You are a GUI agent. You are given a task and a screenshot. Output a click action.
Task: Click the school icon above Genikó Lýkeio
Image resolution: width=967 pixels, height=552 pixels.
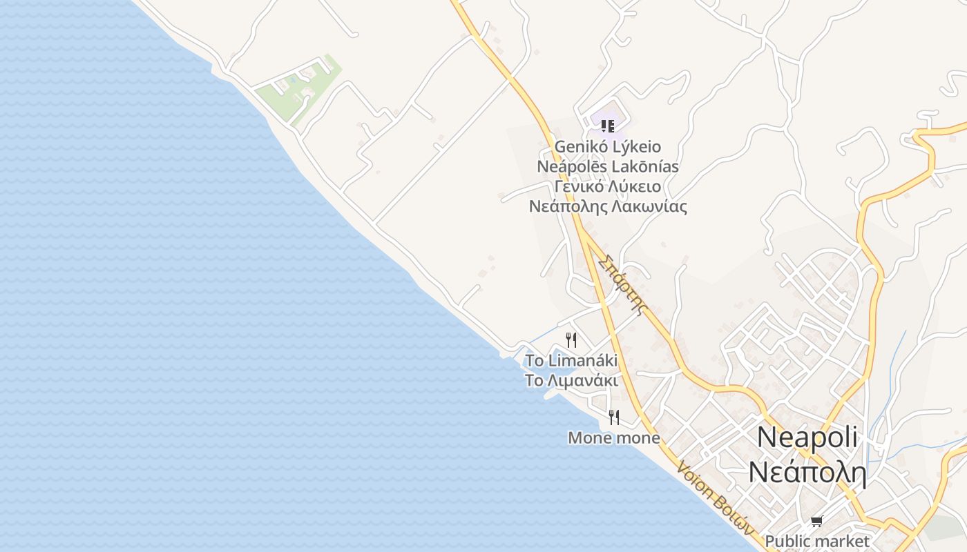point(607,126)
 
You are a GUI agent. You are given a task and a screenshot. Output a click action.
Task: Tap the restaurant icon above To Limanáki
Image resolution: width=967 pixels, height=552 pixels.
point(571,339)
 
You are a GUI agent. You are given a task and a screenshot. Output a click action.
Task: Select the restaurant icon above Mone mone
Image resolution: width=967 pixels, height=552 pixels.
point(613,417)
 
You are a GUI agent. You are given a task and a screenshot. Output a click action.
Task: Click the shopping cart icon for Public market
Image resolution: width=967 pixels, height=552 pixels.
point(816,522)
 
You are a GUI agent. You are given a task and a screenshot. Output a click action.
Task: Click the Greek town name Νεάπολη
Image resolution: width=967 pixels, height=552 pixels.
point(807,473)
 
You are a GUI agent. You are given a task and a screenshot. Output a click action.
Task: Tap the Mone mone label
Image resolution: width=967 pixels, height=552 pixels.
point(613,438)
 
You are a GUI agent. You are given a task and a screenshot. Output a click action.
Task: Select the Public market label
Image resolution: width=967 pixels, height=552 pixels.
point(816,541)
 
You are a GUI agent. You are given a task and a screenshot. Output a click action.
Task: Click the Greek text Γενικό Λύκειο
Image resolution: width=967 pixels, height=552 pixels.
point(608,187)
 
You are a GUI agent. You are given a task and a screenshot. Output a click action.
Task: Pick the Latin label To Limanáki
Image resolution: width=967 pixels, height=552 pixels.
point(571,361)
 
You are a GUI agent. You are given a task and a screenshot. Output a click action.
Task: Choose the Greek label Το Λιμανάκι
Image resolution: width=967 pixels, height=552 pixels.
point(571,381)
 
